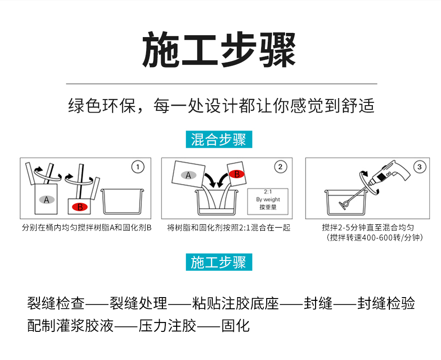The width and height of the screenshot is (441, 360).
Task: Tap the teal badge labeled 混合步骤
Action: click(219, 139)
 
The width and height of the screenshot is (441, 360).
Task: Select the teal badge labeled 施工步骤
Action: click(219, 262)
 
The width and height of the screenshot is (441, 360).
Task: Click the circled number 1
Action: click(137, 167)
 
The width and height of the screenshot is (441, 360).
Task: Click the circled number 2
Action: click(280, 167)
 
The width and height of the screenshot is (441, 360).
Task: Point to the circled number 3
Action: click(419, 167)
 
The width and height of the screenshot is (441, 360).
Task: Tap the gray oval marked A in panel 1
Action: click(46, 200)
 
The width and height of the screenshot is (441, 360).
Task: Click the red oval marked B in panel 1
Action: click(80, 207)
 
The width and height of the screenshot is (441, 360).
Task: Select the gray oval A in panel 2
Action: click(188, 175)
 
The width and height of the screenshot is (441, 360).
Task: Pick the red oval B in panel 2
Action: click(237, 174)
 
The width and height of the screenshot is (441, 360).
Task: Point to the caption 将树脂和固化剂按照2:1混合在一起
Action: click(229, 228)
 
